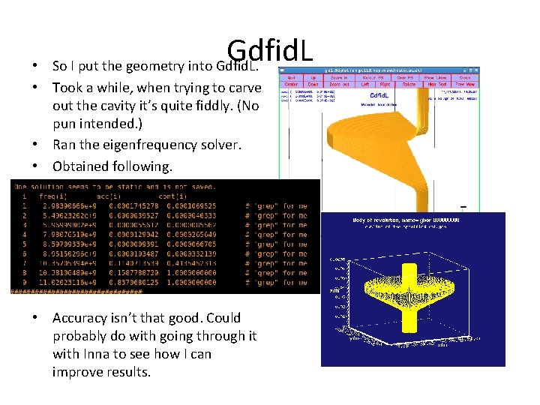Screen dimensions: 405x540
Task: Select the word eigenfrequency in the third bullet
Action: pyautogui.click(x=142, y=145)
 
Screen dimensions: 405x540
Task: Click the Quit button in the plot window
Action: pyautogui.click(x=291, y=77)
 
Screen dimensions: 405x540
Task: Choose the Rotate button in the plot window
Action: pyautogui.click(x=409, y=85)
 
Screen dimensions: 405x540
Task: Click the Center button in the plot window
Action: pyautogui.click(x=291, y=85)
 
